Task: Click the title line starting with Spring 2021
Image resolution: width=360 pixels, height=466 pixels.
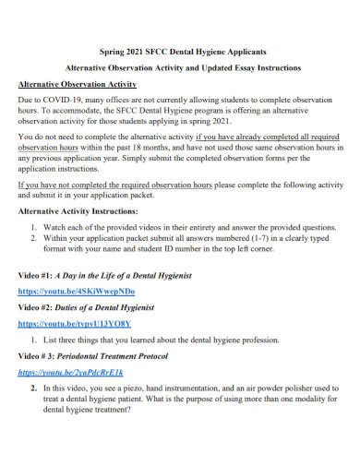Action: pos(180,52)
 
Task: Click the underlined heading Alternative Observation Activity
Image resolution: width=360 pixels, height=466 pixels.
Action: pos(78,84)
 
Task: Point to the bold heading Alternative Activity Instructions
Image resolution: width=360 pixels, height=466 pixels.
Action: pos(82,210)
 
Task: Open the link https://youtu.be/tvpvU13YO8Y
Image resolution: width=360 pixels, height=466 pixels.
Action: pos(75,324)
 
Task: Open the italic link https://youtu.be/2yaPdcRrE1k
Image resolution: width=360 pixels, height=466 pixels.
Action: pos(71,373)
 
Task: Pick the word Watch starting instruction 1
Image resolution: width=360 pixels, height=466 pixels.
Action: pos(54,225)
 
